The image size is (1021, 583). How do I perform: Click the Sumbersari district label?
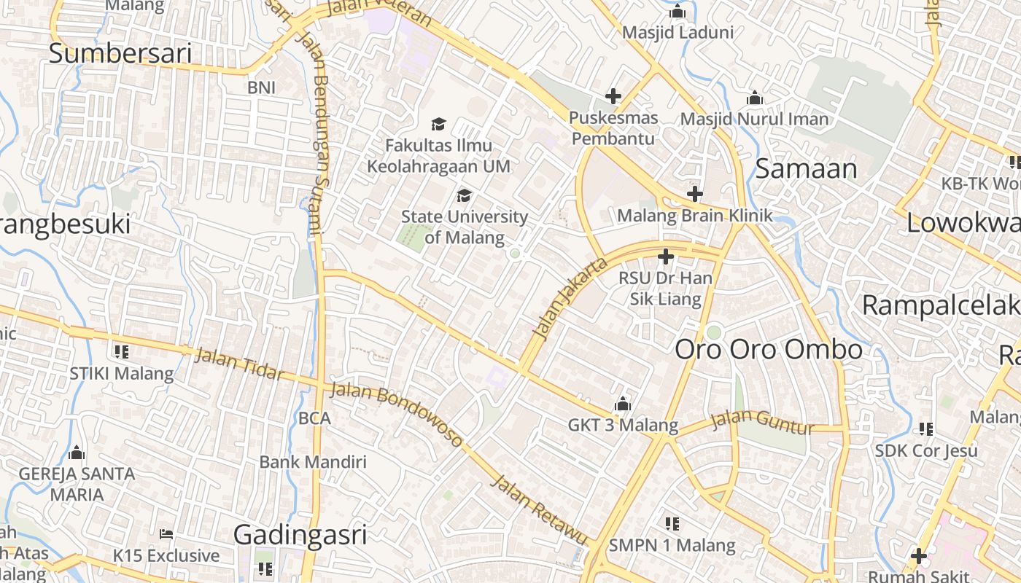click(x=120, y=53)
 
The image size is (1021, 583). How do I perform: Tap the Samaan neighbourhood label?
click(x=806, y=168)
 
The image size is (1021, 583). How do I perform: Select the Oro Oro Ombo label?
click(x=769, y=350)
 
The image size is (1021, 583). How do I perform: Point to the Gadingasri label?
click(x=300, y=535)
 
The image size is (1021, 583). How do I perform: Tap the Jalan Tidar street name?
click(x=239, y=363)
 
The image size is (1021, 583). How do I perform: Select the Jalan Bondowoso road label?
click(x=397, y=413)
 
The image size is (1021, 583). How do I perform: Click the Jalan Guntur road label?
click(x=762, y=421)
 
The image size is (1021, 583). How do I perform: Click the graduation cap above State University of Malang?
click(x=464, y=195)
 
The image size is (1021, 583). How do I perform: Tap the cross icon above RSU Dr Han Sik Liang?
click(x=665, y=257)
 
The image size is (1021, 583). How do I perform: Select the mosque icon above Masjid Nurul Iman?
click(x=755, y=98)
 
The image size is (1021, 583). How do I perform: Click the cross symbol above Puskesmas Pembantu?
click(x=613, y=96)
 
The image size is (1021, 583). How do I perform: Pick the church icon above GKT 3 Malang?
click(x=623, y=404)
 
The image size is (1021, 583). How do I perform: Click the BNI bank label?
click(x=261, y=87)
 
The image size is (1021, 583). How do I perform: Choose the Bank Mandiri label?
click(x=313, y=462)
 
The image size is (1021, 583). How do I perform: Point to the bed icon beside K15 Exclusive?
click(x=166, y=534)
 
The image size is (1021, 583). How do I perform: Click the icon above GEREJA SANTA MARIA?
click(x=77, y=453)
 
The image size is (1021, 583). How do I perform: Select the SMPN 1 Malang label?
click(x=672, y=545)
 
